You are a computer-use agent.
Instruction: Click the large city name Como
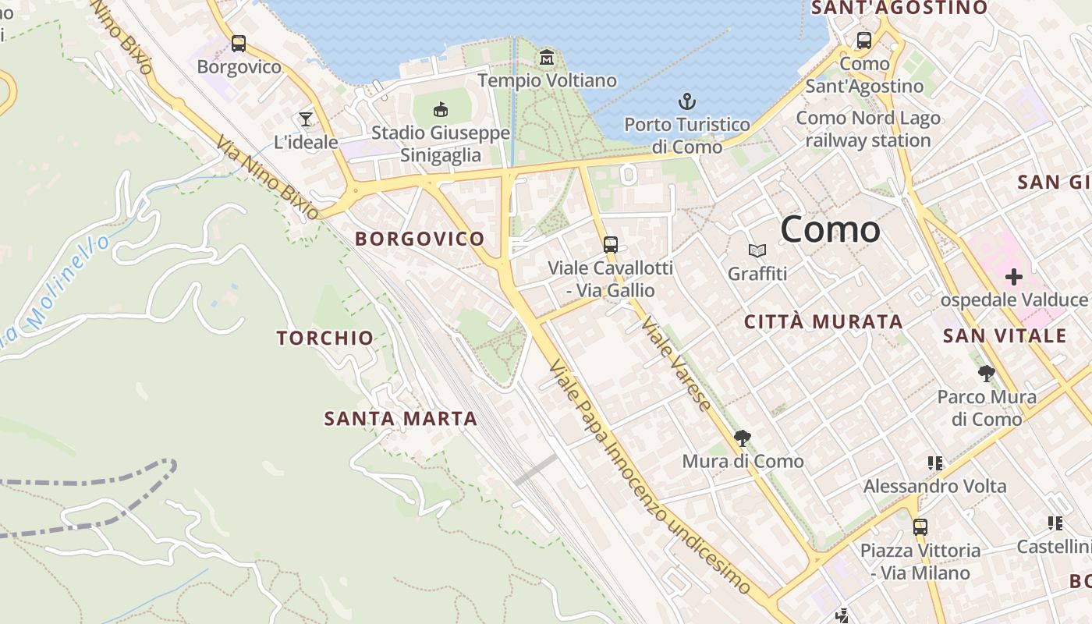[830, 229]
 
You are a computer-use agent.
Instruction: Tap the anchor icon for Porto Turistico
[686, 101]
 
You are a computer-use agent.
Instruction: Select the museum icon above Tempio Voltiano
[547, 58]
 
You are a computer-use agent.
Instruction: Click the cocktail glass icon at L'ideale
[305, 119]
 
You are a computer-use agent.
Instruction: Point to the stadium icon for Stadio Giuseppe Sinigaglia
[441, 109]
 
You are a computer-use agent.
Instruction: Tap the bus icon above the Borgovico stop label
[239, 44]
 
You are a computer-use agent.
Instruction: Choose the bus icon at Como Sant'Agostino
[864, 41]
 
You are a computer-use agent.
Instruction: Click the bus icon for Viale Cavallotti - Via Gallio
[611, 245]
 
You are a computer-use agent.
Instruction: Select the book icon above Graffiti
[757, 251]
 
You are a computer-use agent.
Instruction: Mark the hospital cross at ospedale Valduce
[1013, 277]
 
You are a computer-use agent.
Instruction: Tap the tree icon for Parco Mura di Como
[987, 374]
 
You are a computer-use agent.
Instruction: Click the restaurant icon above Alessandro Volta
[935, 463]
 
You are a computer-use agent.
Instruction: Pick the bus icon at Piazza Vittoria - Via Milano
[920, 527]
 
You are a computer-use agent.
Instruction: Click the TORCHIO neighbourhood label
[325, 338]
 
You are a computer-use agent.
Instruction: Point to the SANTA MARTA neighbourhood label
[400, 419]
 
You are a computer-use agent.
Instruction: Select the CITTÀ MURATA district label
[823, 321]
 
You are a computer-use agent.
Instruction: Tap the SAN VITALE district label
[1004, 336]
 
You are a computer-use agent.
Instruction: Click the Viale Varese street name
[675, 364]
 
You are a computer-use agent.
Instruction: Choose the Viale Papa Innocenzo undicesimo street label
[649, 476]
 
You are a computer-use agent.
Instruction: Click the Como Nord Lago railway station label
[868, 129]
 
